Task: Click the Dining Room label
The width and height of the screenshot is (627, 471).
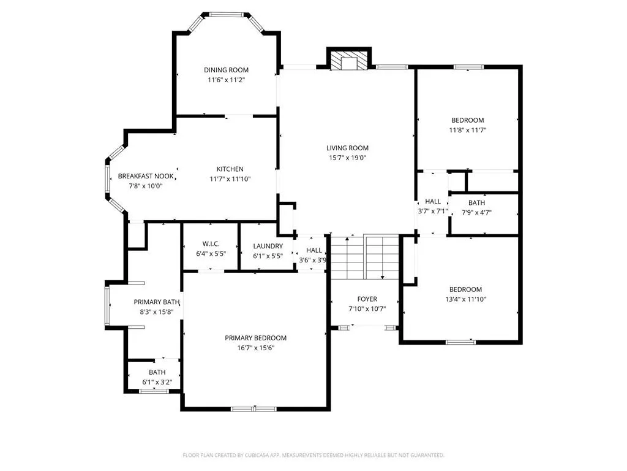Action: (x=226, y=70)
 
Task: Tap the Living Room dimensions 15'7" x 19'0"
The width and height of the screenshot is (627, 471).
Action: (x=348, y=158)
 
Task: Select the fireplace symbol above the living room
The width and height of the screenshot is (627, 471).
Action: (x=349, y=59)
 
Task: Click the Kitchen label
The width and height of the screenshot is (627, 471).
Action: (x=230, y=169)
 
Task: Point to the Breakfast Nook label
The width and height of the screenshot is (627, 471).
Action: (x=146, y=176)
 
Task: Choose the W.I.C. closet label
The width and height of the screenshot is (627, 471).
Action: (x=211, y=244)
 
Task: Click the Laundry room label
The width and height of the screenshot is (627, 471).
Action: (x=268, y=247)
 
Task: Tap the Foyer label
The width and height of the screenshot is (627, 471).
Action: (x=367, y=299)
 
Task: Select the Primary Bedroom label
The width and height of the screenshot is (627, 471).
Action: (x=255, y=338)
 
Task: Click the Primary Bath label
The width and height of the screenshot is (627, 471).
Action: (x=156, y=302)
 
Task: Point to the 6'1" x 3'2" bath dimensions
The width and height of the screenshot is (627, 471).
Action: (x=157, y=383)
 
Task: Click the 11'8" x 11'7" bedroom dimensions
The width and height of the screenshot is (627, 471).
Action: (x=467, y=130)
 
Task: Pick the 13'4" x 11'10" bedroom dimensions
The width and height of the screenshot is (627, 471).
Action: (x=465, y=299)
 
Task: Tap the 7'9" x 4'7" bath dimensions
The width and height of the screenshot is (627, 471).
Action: (x=476, y=213)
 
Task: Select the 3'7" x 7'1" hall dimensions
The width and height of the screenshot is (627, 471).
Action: (x=433, y=211)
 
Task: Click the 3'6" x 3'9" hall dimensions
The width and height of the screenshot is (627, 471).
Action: (x=313, y=260)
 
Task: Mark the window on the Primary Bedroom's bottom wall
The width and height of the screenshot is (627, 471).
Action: (x=253, y=409)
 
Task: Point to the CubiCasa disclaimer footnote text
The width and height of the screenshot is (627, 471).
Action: (x=313, y=455)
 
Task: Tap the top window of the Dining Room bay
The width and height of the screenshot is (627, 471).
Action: (x=227, y=15)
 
